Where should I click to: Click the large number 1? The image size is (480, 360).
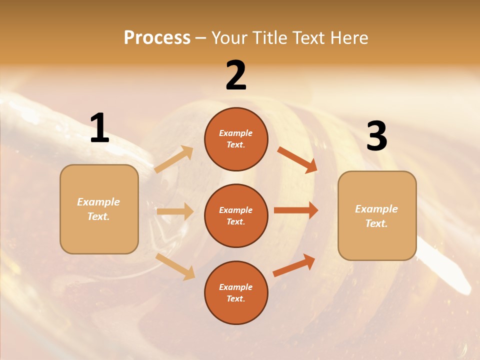point(99,128)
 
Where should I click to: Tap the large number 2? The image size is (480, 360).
point(236,75)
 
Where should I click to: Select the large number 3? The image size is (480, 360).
point(376,136)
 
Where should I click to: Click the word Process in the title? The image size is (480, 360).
point(157,37)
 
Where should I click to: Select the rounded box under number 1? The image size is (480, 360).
point(99,209)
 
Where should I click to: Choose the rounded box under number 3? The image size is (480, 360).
point(377,215)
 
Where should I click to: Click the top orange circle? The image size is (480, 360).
point(236,139)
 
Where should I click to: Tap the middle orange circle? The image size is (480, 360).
point(236,215)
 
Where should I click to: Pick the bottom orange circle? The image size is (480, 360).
point(236,292)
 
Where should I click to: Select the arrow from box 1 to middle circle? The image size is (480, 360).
point(175,211)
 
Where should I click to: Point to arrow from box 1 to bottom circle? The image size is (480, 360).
point(175,266)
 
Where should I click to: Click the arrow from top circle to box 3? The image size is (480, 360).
point(297,160)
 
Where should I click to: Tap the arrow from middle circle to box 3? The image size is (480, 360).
point(296,210)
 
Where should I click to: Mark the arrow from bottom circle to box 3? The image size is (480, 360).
point(294,265)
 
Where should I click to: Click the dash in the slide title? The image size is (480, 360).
point(200,38)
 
